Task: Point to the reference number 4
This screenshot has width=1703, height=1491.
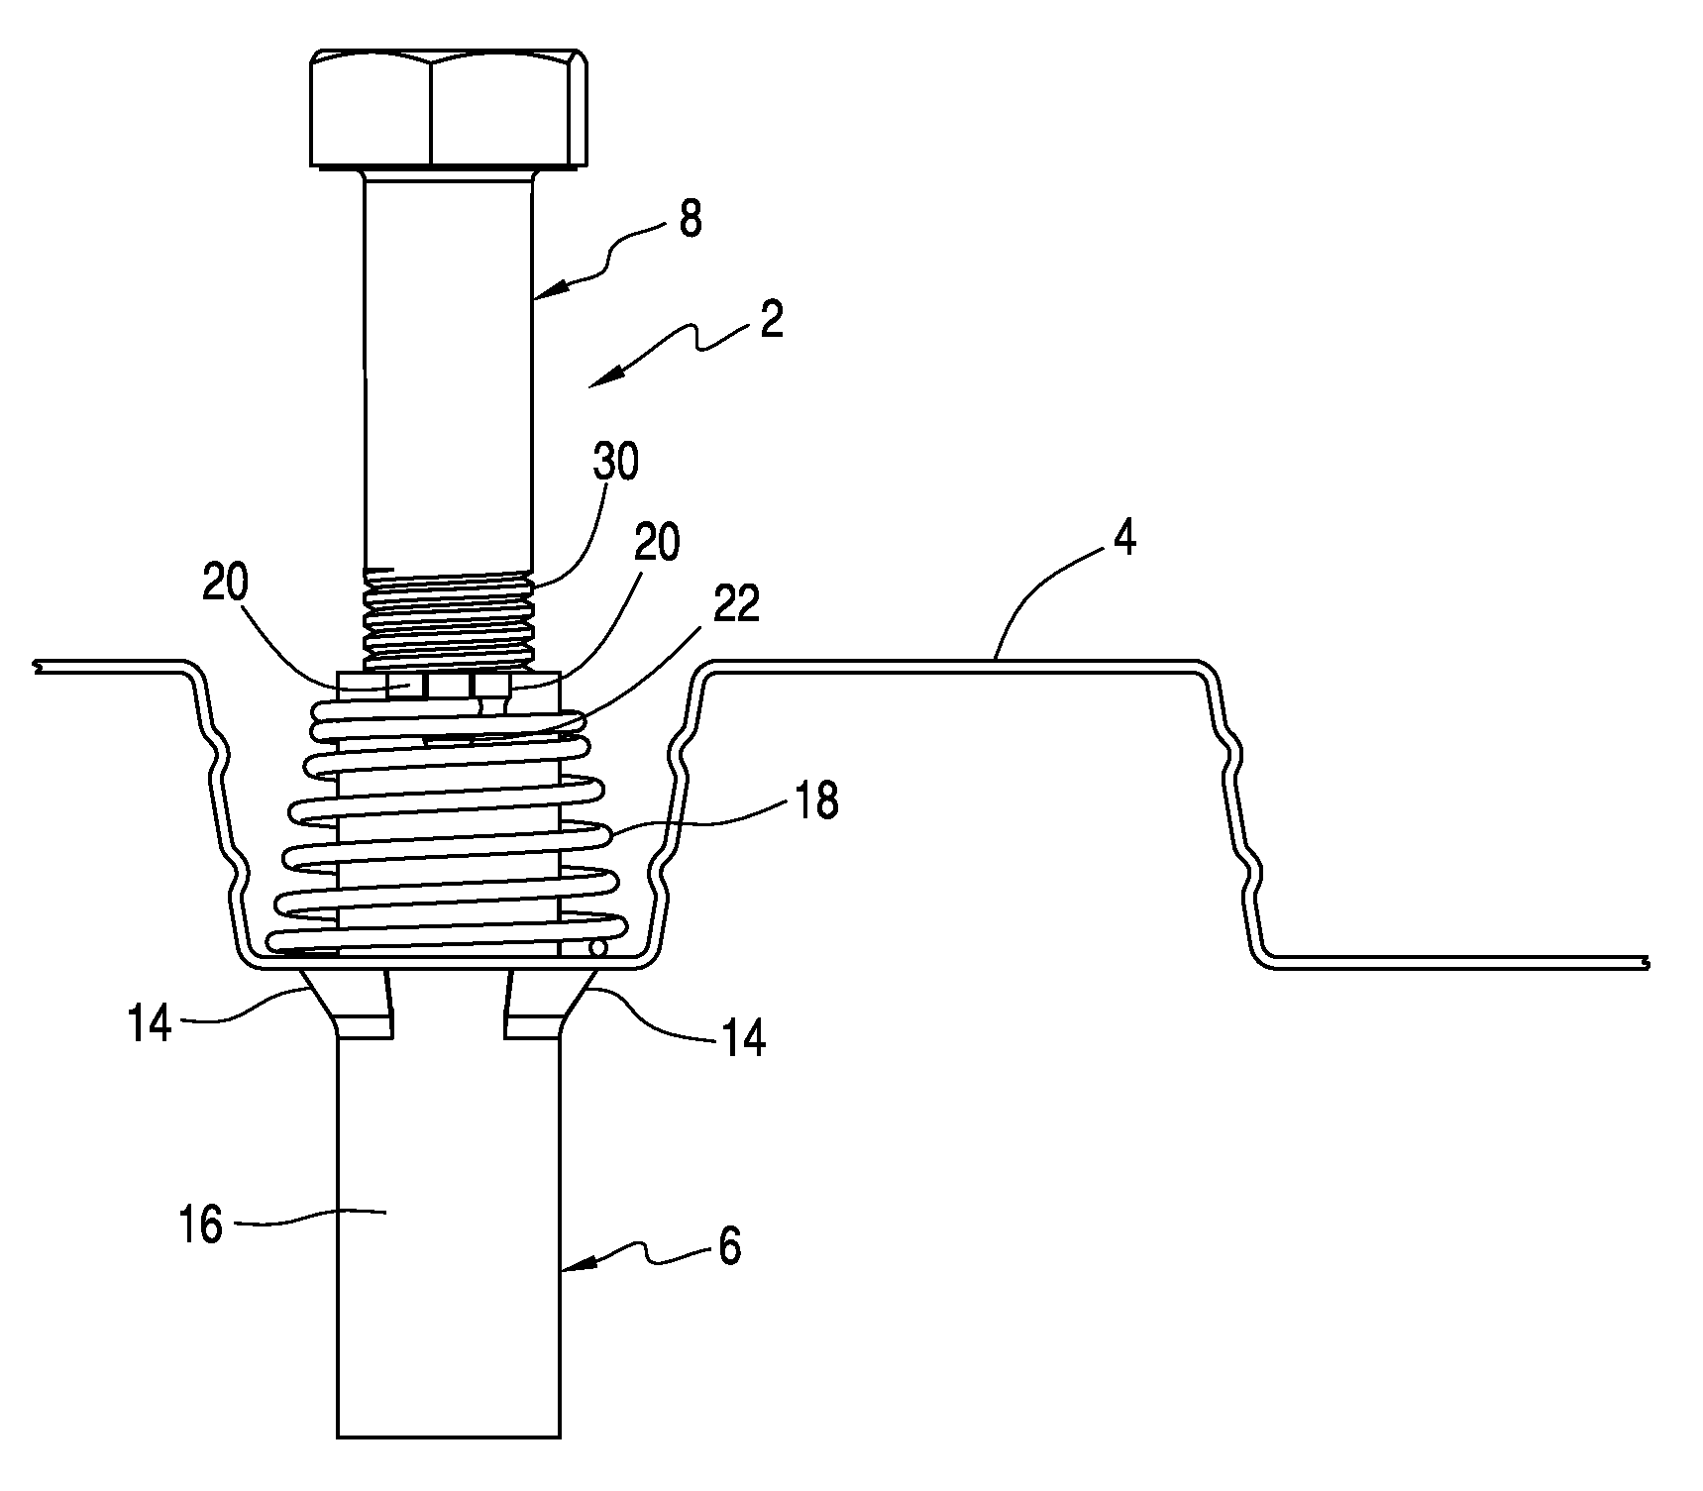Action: coord(1123,540)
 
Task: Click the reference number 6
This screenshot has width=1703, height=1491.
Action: coord(730,1247)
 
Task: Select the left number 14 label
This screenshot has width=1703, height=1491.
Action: coord(150,1022)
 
